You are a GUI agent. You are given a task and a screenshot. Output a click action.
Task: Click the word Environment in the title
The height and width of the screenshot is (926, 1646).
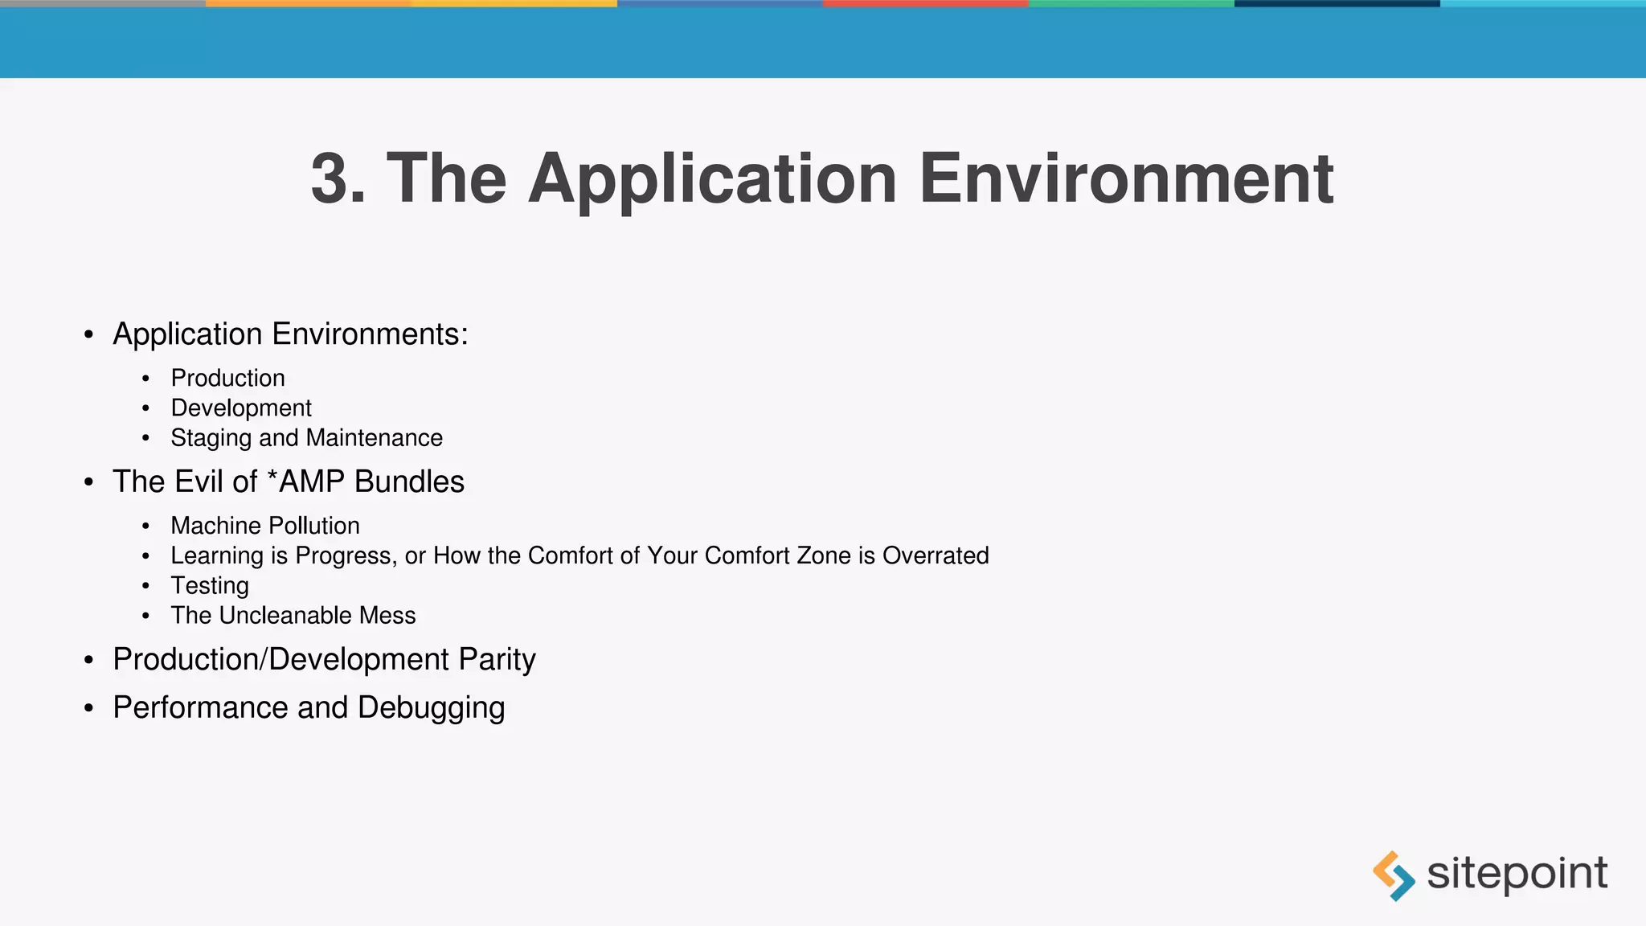coord(1126,178)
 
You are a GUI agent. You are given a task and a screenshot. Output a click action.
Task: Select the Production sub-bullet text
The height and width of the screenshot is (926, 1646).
coord(227,378)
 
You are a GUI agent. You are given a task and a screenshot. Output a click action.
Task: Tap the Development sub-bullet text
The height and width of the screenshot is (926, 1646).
coord(241,408)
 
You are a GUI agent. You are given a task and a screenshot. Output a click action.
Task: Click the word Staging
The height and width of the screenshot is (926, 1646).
coord(211,438)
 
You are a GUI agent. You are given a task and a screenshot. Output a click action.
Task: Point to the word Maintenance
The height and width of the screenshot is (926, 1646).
coord(375,438)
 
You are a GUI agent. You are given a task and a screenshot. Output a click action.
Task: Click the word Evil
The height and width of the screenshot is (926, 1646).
coord(199,481)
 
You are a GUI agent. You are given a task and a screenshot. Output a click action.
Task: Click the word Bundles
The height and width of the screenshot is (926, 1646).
coord(409,481)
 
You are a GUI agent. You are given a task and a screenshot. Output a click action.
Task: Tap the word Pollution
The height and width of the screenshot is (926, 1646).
coord(312,526)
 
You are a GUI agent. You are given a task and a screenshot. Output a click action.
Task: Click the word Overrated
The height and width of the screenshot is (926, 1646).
coord(936,555)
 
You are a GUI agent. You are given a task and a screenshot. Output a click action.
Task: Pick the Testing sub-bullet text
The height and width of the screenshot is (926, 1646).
coord(210,586)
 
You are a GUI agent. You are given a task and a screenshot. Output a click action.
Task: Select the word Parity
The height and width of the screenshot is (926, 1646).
coord(497,660)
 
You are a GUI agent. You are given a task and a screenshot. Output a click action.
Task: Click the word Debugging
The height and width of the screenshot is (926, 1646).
coord(431,708)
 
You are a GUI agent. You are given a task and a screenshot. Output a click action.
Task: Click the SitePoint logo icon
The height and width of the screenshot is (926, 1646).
coord(1394,875)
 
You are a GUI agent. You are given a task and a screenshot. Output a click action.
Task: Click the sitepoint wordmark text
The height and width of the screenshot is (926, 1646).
coord(1517,874)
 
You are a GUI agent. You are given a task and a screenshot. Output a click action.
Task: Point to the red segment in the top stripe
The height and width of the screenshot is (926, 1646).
coord(925,4)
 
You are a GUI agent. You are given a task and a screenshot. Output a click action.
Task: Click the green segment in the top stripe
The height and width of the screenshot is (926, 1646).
coord(1131,4)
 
